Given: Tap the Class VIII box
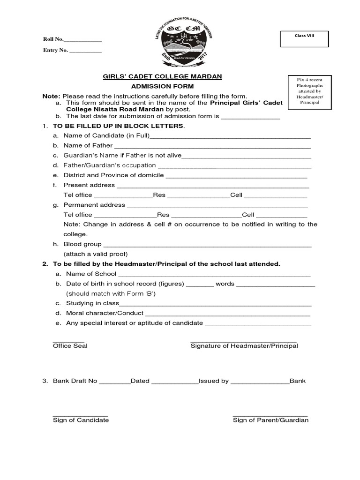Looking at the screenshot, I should [x=304, y=39].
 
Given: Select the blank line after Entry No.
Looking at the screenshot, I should [x=86, y=51].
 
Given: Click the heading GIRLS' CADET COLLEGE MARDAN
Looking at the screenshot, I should [x=162, y=76].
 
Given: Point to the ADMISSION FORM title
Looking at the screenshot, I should [x=162, y=87].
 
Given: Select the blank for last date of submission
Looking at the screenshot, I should [x=250, y=117].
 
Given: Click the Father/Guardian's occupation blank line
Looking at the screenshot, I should [x=234, y=166].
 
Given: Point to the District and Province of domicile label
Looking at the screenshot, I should [x=113, y=175].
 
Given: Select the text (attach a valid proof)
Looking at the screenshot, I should [x=96, y=254].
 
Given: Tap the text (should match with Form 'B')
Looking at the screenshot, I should [x=111, y=293].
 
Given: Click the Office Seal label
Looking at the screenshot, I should [x=70, y=346].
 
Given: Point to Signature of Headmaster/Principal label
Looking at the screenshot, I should [x=244, y=346].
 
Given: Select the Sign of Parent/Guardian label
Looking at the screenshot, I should [x=270, y=420].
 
